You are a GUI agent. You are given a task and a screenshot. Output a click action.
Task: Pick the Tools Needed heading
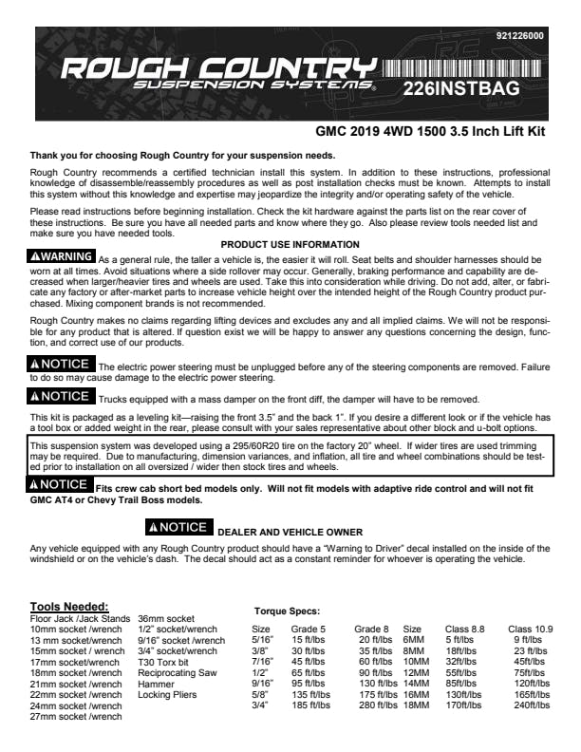tap(69, 606)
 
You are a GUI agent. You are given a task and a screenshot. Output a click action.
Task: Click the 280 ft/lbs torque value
tap(378, 705)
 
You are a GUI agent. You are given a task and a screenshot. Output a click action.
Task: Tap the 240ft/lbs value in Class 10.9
tap(533, 705)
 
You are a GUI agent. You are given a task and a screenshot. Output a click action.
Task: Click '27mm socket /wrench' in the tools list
tap(76, 717)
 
